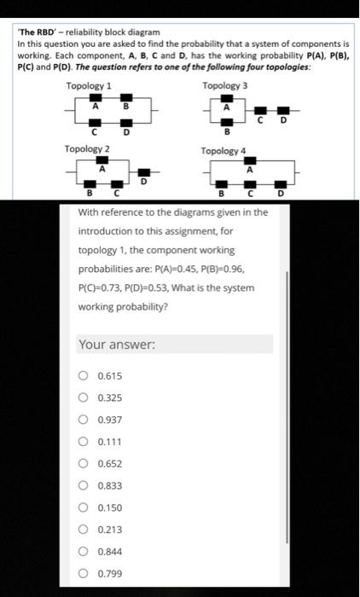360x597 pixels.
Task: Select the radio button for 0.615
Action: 83,375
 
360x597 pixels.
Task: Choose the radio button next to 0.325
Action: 83,397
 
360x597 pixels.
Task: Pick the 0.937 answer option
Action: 83,420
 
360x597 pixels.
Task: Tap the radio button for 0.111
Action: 83,441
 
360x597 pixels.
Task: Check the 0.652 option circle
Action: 83,463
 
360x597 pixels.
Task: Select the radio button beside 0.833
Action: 83,485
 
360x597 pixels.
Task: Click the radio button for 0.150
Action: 83,507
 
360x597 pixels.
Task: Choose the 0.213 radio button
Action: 83,530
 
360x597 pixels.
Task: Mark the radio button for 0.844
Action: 83,551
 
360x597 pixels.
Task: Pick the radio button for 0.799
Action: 83,573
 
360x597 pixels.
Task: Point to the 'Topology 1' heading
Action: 89,86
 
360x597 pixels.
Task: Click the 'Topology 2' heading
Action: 87,149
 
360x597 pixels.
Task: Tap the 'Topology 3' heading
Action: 224,86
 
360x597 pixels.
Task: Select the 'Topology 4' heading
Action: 223,151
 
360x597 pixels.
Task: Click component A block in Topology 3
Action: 226,99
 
